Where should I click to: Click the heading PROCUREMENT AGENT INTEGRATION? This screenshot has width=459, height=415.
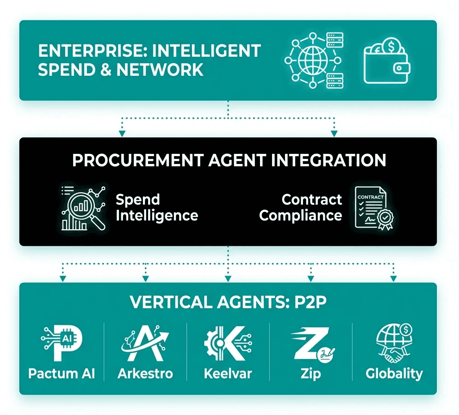pyautogui.click(x=229, y=160)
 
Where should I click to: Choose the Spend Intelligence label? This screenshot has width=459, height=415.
pyautogui.click(x=156, y=207)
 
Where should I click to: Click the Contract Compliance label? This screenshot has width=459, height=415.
pyautogui.click(x=301, y=207)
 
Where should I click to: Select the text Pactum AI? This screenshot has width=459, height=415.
pyautogui.click(x=62, y=373)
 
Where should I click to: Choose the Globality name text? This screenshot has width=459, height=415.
pyautogui.click(x=394, y=373)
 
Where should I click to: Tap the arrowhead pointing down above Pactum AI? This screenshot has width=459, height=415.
pyautogui.click(x=62, y=279)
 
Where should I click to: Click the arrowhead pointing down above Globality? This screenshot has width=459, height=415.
pyautogui.click(x=394, y=279)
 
